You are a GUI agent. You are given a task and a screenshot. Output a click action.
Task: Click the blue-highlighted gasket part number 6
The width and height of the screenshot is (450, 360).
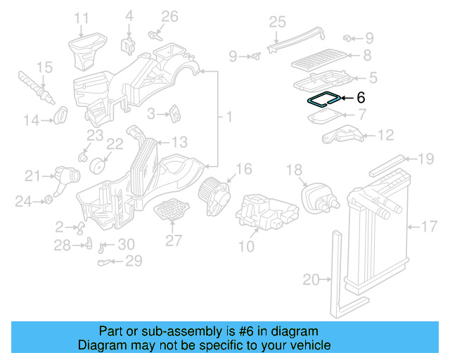coord(324,99)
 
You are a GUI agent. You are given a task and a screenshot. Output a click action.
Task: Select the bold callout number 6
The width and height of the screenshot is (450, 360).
coord(361,99)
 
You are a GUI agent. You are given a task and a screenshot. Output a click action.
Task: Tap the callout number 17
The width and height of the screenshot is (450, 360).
coord(429,226)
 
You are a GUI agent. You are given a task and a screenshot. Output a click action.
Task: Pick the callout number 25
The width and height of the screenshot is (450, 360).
coord(277,21)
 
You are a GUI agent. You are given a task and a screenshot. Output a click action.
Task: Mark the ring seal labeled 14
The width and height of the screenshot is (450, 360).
coord(61,112)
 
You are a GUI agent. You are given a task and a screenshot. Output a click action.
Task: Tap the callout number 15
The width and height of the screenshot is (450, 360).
coord(44,67)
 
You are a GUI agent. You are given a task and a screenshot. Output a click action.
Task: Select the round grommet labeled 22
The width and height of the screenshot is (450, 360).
coord(99,166)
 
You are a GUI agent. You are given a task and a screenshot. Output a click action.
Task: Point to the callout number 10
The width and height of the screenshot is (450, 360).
coord(246,246)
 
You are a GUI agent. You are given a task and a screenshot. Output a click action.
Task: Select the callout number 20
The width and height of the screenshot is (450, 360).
coord(311,280)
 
